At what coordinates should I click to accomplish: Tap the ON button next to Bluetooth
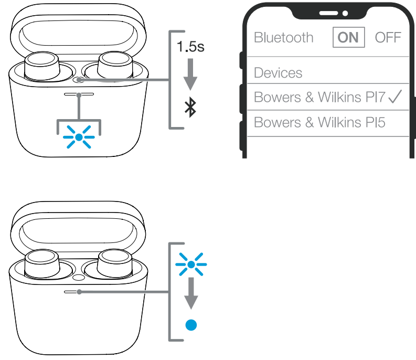point(349,37)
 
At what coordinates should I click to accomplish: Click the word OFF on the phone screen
point(388,37)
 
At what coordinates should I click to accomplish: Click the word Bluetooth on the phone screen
point(284,37)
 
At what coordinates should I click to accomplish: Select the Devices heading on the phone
point(278,73)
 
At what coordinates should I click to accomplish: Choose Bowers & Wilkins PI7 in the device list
point(319,97)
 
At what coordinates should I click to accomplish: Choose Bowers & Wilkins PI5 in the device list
point(319,122)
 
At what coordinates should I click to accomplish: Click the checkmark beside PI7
point(395,97)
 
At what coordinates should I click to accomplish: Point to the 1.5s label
point(190,47)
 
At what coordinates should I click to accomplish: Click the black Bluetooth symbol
point(190,108)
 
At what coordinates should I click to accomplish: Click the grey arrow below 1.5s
point(190,75)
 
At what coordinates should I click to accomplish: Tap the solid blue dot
point(191,325)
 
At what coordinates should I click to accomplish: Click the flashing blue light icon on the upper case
point(79,137)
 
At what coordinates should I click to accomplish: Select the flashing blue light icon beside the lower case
point(191,264)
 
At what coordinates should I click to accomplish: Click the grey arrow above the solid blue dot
point(191,293)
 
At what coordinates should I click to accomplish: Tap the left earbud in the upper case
point(42,66)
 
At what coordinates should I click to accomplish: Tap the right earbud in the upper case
point(115,65)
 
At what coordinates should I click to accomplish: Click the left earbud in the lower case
point(42,264)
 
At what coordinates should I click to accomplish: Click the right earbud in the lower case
point(115,263)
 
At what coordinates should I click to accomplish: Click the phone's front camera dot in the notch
point(345,13)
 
